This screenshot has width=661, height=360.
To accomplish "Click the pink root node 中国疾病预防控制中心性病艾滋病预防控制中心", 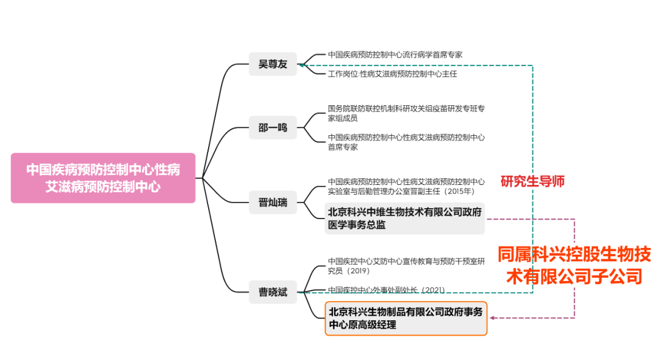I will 103,178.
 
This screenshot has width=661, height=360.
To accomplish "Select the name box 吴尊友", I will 272,64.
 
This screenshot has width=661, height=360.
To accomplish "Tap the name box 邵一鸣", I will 272,128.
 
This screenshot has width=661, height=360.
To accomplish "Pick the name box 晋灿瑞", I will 272,202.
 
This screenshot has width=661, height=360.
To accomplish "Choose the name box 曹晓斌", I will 272,292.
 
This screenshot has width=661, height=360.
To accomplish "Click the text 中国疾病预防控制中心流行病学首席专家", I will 395,54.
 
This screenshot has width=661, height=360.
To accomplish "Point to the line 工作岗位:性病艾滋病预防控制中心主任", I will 392,74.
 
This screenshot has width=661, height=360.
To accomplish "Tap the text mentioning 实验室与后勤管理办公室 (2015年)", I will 406,186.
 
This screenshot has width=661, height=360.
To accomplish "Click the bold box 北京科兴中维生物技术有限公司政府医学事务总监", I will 405,219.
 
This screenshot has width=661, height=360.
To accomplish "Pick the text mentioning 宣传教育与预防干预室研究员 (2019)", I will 406,266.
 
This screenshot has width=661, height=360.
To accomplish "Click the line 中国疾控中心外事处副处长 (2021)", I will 386,290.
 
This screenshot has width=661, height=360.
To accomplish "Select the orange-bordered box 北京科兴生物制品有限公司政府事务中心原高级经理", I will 406,318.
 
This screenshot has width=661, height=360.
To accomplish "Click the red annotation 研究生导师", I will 532,181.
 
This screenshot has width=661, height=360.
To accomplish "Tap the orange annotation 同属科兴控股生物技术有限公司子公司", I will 573,264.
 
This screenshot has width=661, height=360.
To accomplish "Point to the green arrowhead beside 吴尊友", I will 303,65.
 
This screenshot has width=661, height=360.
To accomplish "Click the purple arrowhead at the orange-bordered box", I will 492,318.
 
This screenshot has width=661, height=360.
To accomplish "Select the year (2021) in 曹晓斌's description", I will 432,290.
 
